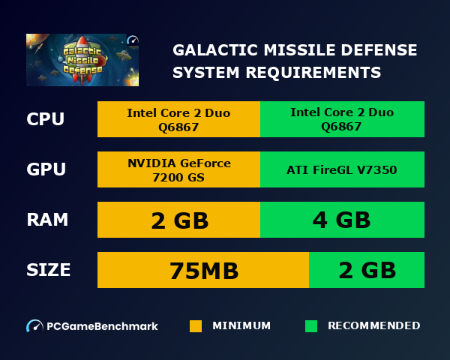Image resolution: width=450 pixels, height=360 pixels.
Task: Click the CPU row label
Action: tap(45, 119)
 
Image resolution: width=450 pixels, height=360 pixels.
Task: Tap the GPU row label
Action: tap(46, 169)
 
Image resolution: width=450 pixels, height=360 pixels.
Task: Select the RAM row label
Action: tap(47, 220)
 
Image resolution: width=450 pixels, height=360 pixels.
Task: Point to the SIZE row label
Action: tap(49, 270)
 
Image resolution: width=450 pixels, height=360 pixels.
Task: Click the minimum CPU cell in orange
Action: tap(178, 119)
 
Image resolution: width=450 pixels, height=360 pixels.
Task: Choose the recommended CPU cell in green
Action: tap(342, 119)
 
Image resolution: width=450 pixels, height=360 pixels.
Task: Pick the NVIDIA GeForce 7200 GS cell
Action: tap(178, 169)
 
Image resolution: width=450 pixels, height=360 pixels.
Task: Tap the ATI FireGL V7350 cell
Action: tap(342, 169)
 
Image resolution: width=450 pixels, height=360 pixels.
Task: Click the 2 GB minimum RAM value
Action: tap(178, 220)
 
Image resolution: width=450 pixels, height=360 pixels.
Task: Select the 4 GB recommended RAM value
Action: tap(342, 220)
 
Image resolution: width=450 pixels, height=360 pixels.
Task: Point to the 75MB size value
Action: tap(203, 270)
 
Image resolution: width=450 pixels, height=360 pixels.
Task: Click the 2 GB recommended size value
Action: tap(367, 270)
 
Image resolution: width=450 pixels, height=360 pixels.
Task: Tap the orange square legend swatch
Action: tap(196, 326)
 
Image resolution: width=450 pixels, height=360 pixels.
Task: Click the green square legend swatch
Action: tap(311, 326)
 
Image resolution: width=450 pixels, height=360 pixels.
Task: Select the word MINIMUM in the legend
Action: tap(241, 326)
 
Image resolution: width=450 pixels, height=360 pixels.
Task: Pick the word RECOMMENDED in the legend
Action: tap(373, 326)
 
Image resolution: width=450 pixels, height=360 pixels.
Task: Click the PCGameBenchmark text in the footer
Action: tap(102, 326)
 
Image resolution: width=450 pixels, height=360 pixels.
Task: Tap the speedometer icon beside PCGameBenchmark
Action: tap(34, 326)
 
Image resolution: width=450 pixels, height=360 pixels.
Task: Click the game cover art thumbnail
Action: tap(82, 59)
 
